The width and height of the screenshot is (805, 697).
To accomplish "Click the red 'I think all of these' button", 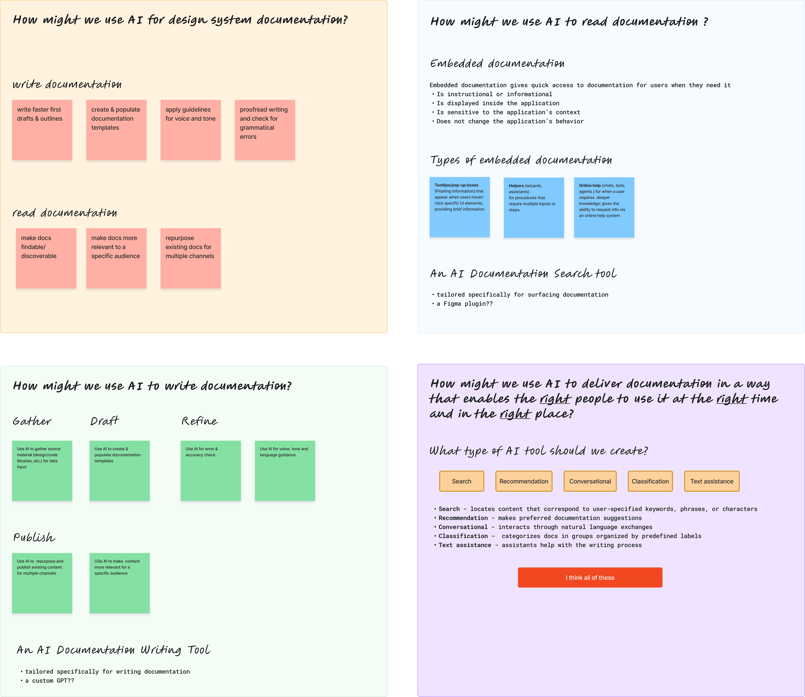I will pyautogui.click(x=590, y=578).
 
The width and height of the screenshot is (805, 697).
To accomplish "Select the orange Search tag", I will pyautogui.click(x=461, y=481).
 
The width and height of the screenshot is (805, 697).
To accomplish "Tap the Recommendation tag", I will pyautogui.click(x=524, y=481).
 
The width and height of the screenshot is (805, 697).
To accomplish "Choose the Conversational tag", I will pyautogui.click(x=590, y=481).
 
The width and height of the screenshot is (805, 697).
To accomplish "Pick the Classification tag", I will pyautogui.click(x=650, y=481).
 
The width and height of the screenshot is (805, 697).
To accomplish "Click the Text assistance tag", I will pyautogui.click(x=712, y=481).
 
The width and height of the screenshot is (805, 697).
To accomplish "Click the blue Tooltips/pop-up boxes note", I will pyautogui.click(x=459, y=207).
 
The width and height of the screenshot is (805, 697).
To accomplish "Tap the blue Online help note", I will pyautogui.click(x=604, y=207).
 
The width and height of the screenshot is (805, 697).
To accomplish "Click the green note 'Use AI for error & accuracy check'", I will pyautogui.click(x=211, y=471).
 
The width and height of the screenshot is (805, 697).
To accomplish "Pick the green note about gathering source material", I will pyautogui.click(x=42, y=471).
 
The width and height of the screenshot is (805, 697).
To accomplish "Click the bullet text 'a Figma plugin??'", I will pyautogui.click(x=465, y=304).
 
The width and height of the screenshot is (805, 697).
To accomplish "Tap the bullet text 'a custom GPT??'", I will pyautogui.click(x=49, y=681).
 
